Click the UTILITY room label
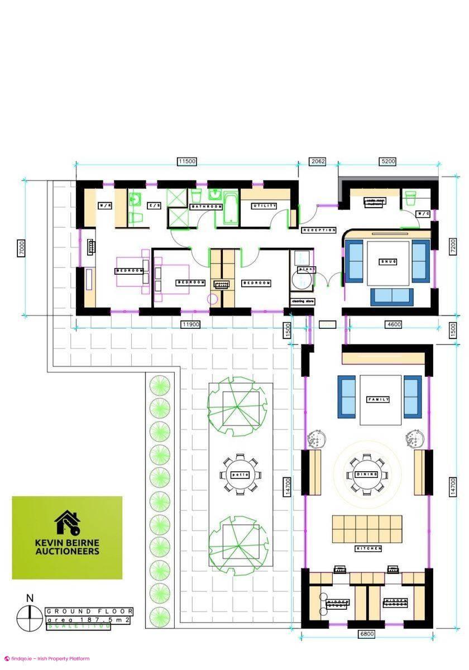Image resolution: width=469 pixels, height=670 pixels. pos(265,206)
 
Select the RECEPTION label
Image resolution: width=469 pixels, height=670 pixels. pos(319,230)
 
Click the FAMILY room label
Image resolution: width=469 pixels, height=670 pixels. pos(378,399)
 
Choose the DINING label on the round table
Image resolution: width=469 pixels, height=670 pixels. pos(366,474)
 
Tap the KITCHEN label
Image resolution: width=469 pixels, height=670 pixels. pos(368,549)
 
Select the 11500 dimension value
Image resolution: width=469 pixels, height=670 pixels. pos(187,161)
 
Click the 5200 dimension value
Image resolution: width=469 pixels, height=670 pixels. pos(388,161)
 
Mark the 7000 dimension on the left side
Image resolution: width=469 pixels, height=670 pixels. pos(21,247)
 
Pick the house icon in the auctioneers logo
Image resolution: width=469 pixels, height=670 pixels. pos(66,523)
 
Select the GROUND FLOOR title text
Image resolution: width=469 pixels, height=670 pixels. pos(89,611)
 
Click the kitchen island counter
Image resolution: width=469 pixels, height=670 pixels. pos(367,529)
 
